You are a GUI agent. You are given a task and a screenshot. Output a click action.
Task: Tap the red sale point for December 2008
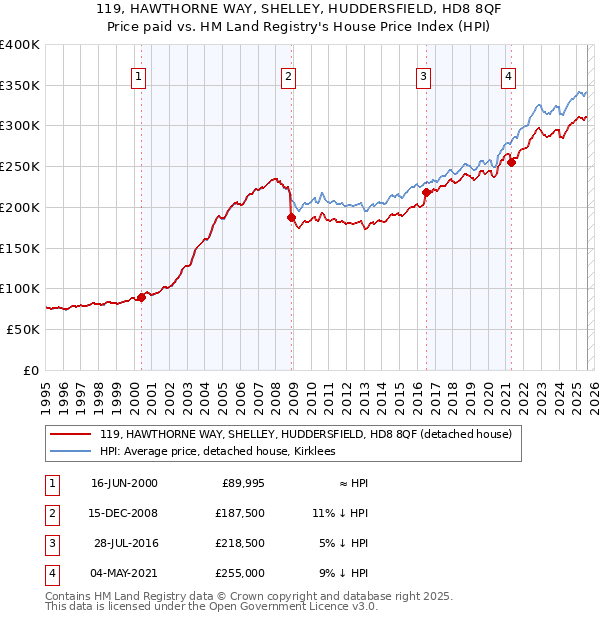tap(291, 217)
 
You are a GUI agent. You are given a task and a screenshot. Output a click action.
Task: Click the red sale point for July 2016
tap(426, 192)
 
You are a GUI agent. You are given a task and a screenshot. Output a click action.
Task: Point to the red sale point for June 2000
tap(141, 296)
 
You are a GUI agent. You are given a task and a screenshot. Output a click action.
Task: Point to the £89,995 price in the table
tap(242, 483)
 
